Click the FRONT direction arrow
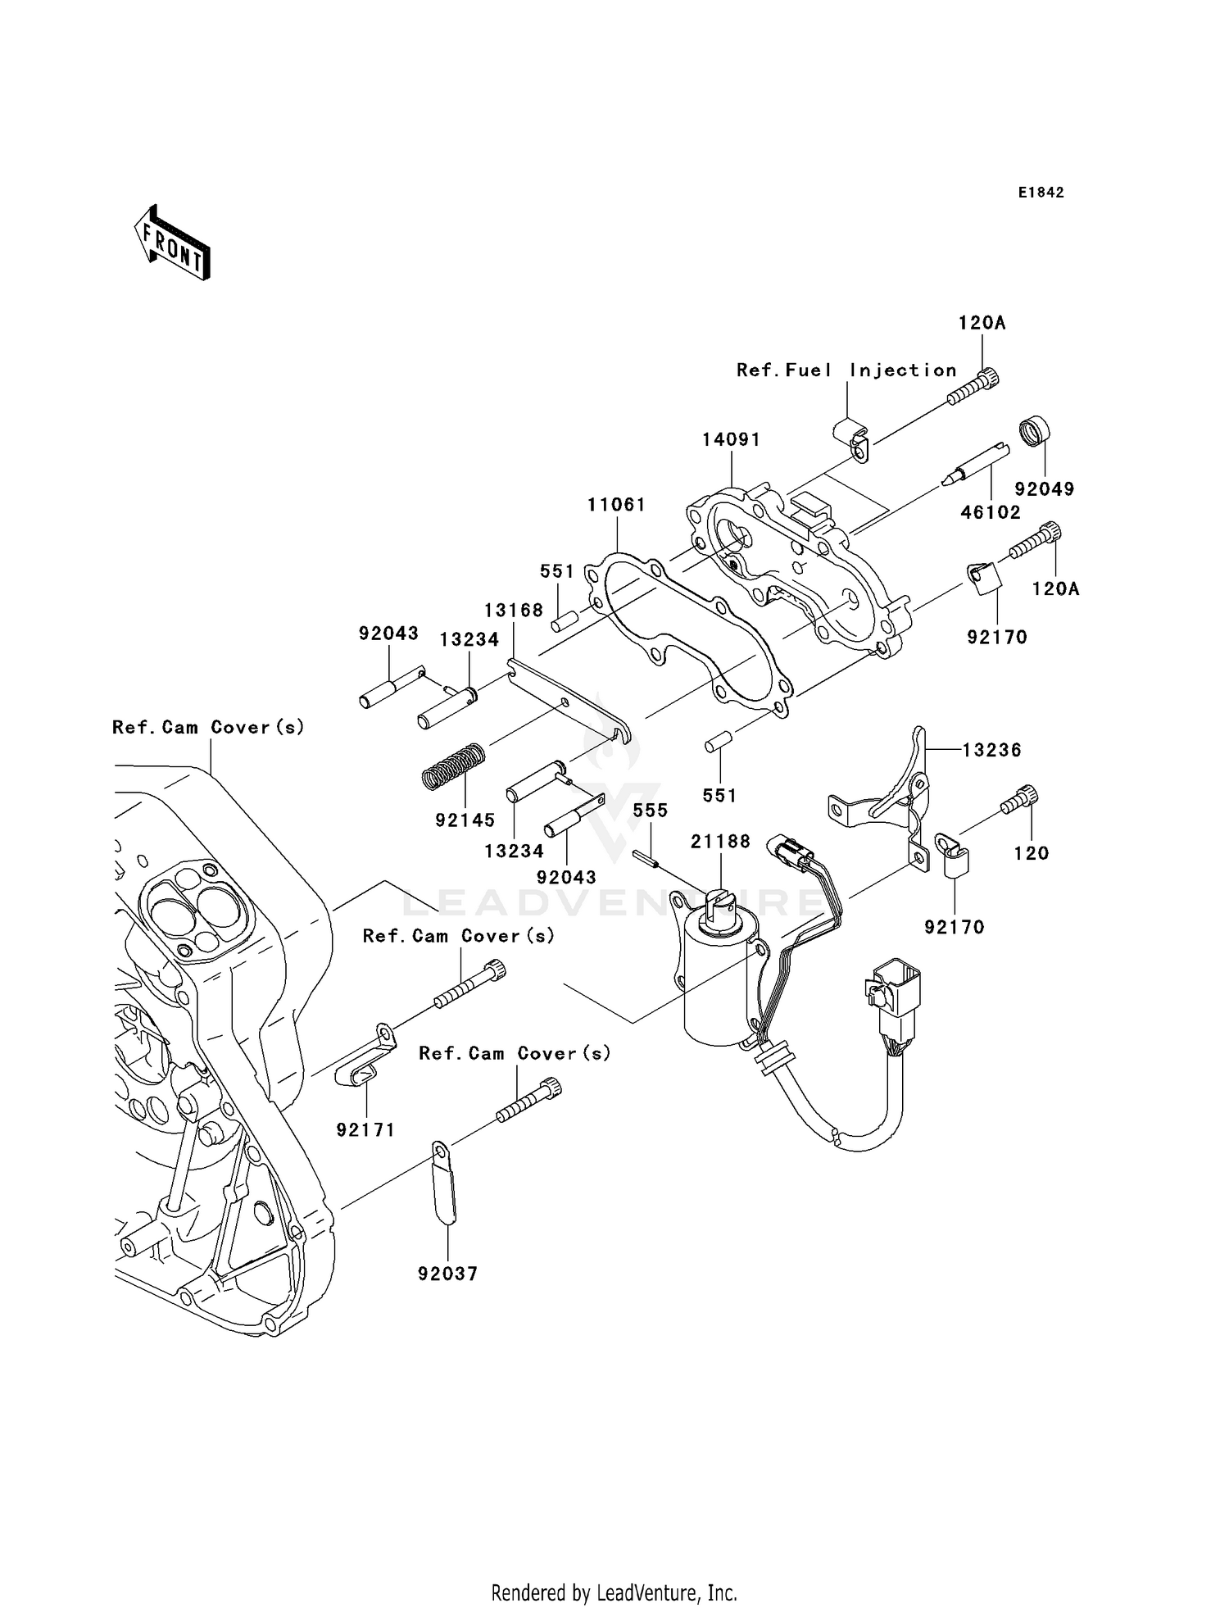173,243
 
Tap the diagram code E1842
1041,193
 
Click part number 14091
731,440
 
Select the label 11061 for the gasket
616,505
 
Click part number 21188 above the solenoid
720,841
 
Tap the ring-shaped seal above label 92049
1036,432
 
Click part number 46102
991,513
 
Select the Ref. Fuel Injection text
846,370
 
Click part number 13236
991,750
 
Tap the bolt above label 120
1018,800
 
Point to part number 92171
365,1130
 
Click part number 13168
514,611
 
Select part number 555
650,811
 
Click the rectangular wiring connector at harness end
896,994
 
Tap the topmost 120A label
982,324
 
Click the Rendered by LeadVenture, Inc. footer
614,1592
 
